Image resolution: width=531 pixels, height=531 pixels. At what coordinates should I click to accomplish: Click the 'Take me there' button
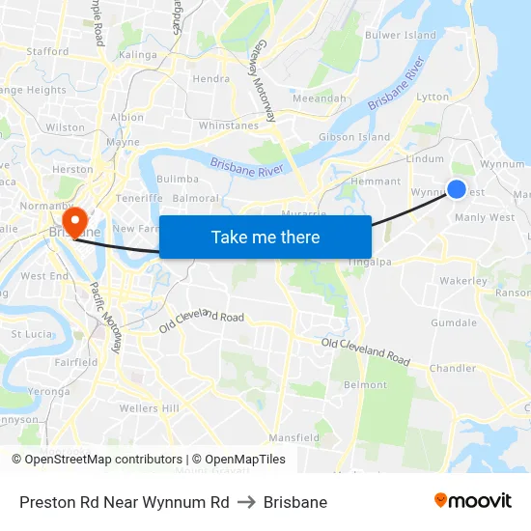(265, 238)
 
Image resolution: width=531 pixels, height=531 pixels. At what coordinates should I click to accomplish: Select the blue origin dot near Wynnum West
(457, 190)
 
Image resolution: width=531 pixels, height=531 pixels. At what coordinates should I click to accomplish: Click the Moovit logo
(473, 501)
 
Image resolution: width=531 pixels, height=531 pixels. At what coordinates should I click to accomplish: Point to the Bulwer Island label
(401, 36)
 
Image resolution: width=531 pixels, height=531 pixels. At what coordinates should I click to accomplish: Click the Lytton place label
(432, 97)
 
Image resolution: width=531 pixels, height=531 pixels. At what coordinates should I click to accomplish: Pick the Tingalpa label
(369, 259)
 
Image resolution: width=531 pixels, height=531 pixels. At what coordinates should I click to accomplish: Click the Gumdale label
(454, 322)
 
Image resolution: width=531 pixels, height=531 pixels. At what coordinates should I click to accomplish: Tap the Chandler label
(453, 368)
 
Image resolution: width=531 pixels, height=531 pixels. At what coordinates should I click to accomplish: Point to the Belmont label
(365, 384)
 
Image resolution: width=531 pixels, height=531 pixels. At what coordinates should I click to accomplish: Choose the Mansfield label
(293, 437)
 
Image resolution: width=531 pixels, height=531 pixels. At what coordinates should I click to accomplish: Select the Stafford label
(48, 51)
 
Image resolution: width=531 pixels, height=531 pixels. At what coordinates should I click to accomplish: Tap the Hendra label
(211, 79)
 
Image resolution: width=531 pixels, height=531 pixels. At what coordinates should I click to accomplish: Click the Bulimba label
(178, 179)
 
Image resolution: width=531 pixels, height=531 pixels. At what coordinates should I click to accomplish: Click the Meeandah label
(319, 98)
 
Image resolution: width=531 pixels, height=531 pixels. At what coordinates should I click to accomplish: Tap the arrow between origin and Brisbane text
(246, 502)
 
